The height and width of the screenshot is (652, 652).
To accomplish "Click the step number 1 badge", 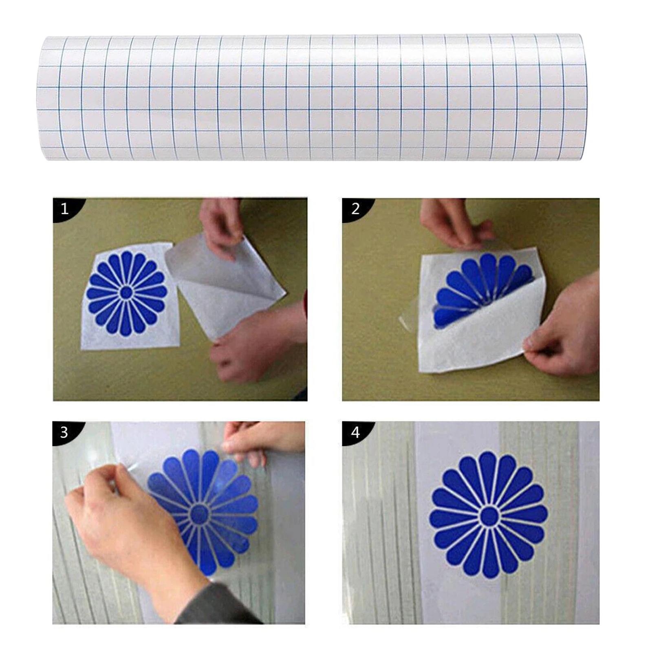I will click(x=64, y=209).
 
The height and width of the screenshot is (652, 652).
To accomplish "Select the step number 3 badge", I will click(x=64, y=432).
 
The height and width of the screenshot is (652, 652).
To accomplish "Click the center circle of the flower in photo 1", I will click(x=126, y=293).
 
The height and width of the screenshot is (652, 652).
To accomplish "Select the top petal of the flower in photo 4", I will click(x=488, y=473).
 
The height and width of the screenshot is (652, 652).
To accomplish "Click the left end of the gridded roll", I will click(x=45, y=98).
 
